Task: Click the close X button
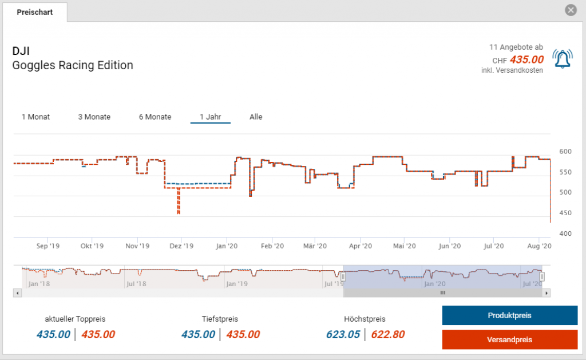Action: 570,10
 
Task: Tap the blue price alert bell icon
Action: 561,58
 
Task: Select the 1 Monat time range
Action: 35,117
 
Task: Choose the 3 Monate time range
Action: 94,117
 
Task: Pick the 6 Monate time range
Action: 155,117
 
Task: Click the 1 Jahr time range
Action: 210,117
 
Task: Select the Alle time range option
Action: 256,117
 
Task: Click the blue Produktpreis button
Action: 509,315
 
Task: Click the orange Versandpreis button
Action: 509,339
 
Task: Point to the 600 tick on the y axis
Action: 565,151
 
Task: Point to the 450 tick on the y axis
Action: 565,213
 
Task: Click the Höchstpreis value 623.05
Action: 342,335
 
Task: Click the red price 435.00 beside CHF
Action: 526,60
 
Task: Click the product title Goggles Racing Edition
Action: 73,65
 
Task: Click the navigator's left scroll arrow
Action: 18,293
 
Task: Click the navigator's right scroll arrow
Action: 547,293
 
